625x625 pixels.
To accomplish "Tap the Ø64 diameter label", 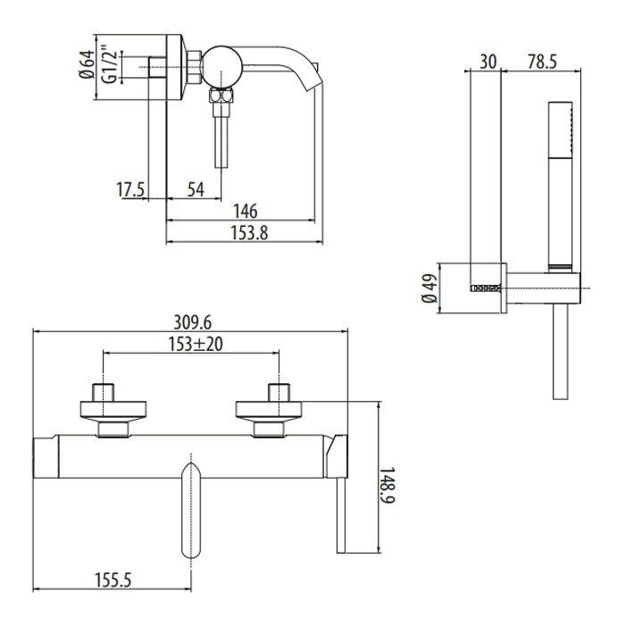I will click(x=87, y=65).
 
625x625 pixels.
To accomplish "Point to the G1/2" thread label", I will click(x=108, y=65).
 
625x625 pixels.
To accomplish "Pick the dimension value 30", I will click(x=487, y=62).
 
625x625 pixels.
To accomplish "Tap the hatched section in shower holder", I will click(x=484, y=287).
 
